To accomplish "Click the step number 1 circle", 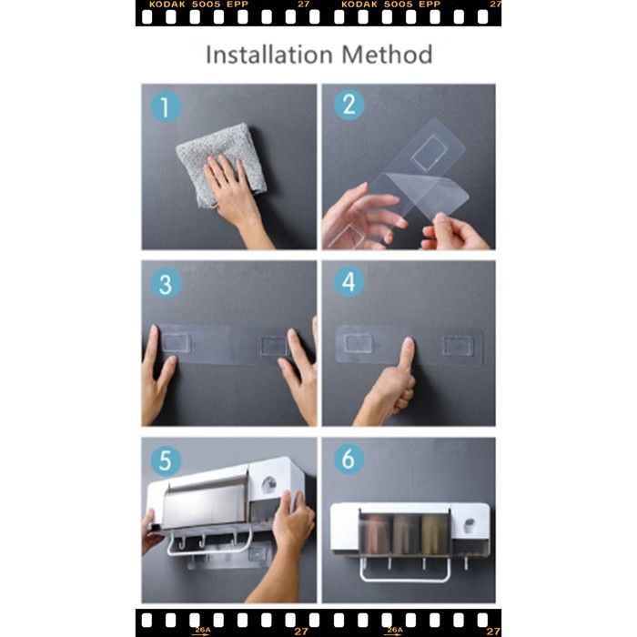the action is pyautogui.click(x=166, y=107).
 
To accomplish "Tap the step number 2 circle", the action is pyautogui.click(x=349, y=105).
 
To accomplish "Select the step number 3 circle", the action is pyautogui.click(x=166, y=284).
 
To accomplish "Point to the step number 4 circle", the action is pyautogui.click(x=349, y=281).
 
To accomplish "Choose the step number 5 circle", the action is pyautogui.click(x=166, y=461).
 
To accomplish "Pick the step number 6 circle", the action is pyautogui.click(x=349, y=459).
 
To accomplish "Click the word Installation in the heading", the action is pyautogui.click(x=269, y=55).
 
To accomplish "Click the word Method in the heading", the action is pyautogui.click(x=387, y=55).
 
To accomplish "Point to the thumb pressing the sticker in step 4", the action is pyautogui.click(x=407, y=353).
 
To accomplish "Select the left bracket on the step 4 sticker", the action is pyautogui.click(x=359, y=343).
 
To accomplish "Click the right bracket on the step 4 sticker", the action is pyautogui.click(x=458, y=345).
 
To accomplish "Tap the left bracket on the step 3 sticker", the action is pyautogui.click(x=176, y=342).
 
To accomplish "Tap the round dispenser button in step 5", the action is pyautogui.click(x=269, y=484).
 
